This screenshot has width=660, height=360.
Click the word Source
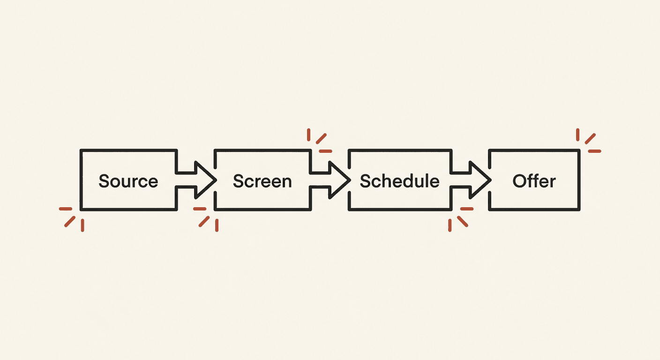click(128, 181)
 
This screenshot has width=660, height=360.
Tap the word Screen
click(262, 181)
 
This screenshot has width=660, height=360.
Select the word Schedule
click(399, 180)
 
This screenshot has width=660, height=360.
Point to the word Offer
click(534, 180)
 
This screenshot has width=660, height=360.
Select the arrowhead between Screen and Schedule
click(339, 180)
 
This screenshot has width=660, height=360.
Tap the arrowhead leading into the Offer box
click(480, 180)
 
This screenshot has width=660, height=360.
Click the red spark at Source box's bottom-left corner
click(72, 219)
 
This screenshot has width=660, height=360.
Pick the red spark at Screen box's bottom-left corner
click(206, 219)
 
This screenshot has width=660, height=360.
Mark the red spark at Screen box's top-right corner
click(319, 141)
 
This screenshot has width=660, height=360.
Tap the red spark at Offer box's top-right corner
click(588, 141)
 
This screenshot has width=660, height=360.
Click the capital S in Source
click(104, 181)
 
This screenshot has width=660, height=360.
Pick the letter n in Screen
click(286, 183)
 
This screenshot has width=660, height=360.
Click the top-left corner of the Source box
click(81, 150)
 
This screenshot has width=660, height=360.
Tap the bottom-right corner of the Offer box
click(579, 210)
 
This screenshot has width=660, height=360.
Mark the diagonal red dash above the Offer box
click(590, 139)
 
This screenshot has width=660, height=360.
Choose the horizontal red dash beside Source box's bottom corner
click(66, 209)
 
